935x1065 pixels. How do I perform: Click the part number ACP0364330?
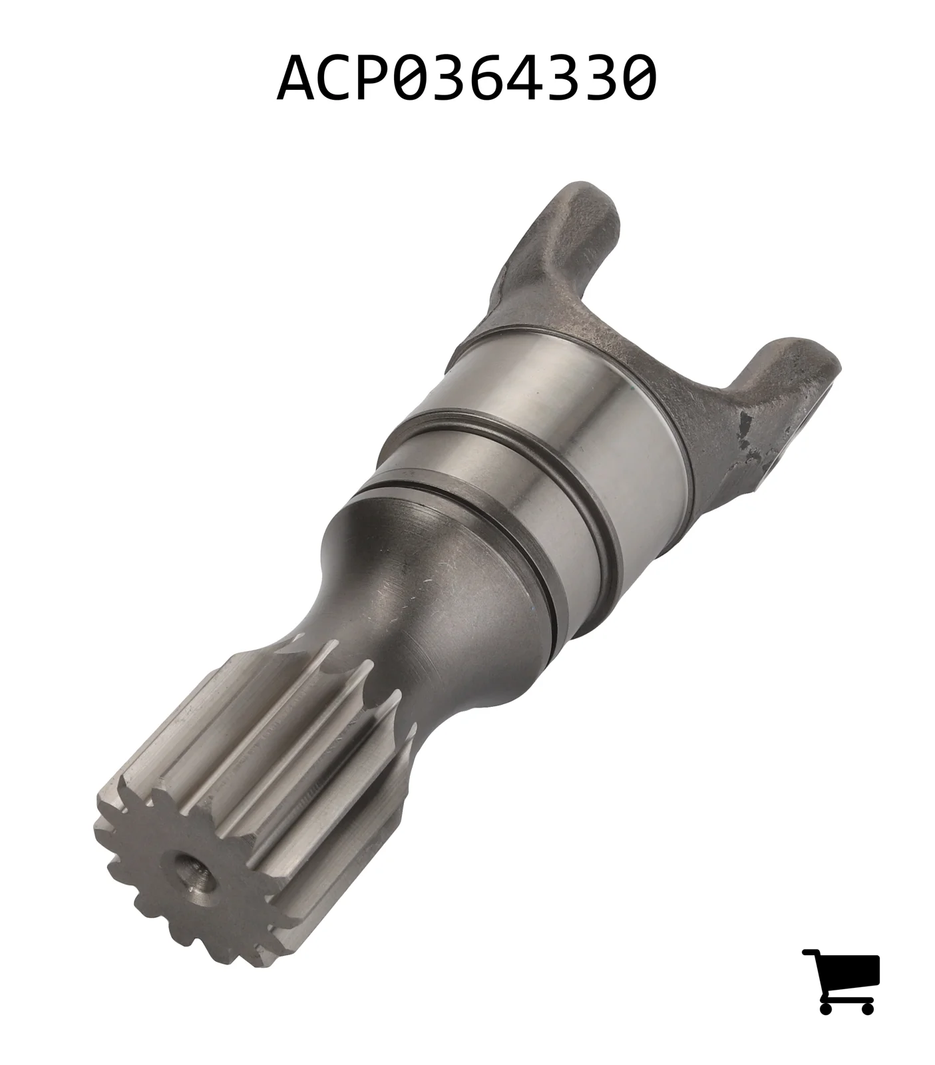(467, 77)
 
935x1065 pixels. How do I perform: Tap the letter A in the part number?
(297, 77)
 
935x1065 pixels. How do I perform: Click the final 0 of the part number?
(638, 77)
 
